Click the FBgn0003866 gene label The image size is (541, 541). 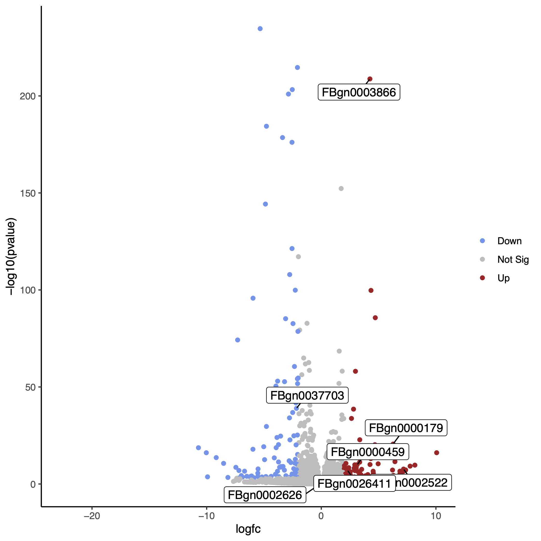(x=359, y=92)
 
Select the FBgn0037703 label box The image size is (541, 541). (x=307, y=395)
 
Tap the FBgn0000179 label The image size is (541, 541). (x=406, y=428)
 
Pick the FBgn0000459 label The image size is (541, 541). (x=368, y=452)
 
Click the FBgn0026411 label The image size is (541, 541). (x=354, y=483)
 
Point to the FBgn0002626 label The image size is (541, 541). (x=265, y=495)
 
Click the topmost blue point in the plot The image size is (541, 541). (x=260, y=29)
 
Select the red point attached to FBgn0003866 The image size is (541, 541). (x=370, y=79)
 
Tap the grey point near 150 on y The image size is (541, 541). (x=341, y=189)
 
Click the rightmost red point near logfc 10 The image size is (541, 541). (x=436, y=453)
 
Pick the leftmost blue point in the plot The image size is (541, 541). (x=198, y=447)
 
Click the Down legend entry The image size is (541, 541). (x=509, y=241)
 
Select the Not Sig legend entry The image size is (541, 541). (x=513, y=259)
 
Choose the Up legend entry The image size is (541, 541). (x=503, y=278)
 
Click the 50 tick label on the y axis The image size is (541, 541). (x=30, y=387)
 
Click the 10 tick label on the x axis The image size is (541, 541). (x=436, y=516)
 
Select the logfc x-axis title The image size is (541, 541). (x=248, y=529)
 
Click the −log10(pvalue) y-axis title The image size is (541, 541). (x=11, y=257)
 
